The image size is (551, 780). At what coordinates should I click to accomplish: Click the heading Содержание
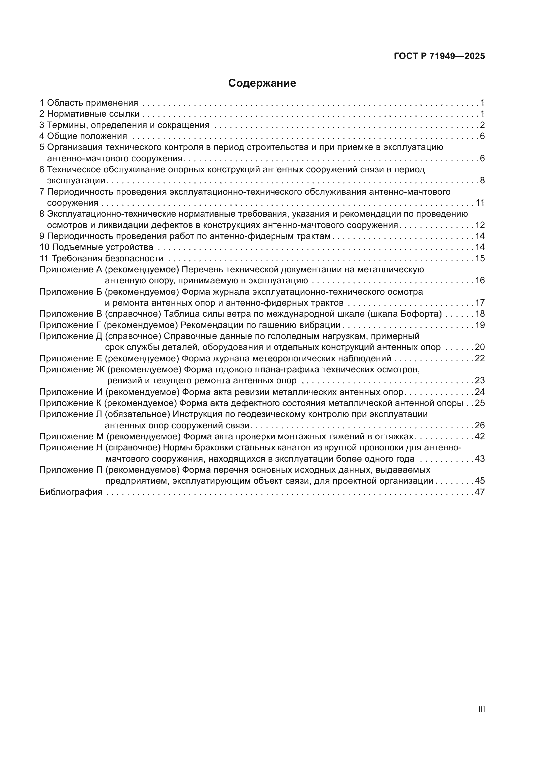[262, 83]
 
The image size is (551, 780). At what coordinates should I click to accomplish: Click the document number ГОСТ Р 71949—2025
[439, 56]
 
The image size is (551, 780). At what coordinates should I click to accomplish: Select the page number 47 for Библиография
[480, 492]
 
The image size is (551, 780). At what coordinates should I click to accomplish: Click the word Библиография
[71, 492]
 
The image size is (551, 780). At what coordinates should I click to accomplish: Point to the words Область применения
[92, 103]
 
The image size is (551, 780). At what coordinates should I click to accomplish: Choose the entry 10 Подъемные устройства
[96, 247]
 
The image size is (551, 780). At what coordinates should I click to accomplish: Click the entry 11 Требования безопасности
[102, 258]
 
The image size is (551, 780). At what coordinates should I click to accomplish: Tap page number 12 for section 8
[480, 225]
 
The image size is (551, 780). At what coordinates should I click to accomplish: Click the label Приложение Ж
[72, 369]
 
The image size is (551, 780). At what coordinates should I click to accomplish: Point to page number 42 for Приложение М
[480, 436]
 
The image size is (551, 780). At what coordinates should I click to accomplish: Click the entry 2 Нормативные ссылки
[90, 114]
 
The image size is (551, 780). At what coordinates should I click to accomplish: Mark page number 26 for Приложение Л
[480, 425]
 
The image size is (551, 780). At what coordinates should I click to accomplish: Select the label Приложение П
[71, 470]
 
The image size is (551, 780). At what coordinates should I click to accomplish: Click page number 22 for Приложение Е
[480, 359]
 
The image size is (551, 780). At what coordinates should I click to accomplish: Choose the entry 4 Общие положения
[83, 136]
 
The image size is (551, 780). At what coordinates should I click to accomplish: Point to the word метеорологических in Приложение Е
[301, 359]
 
